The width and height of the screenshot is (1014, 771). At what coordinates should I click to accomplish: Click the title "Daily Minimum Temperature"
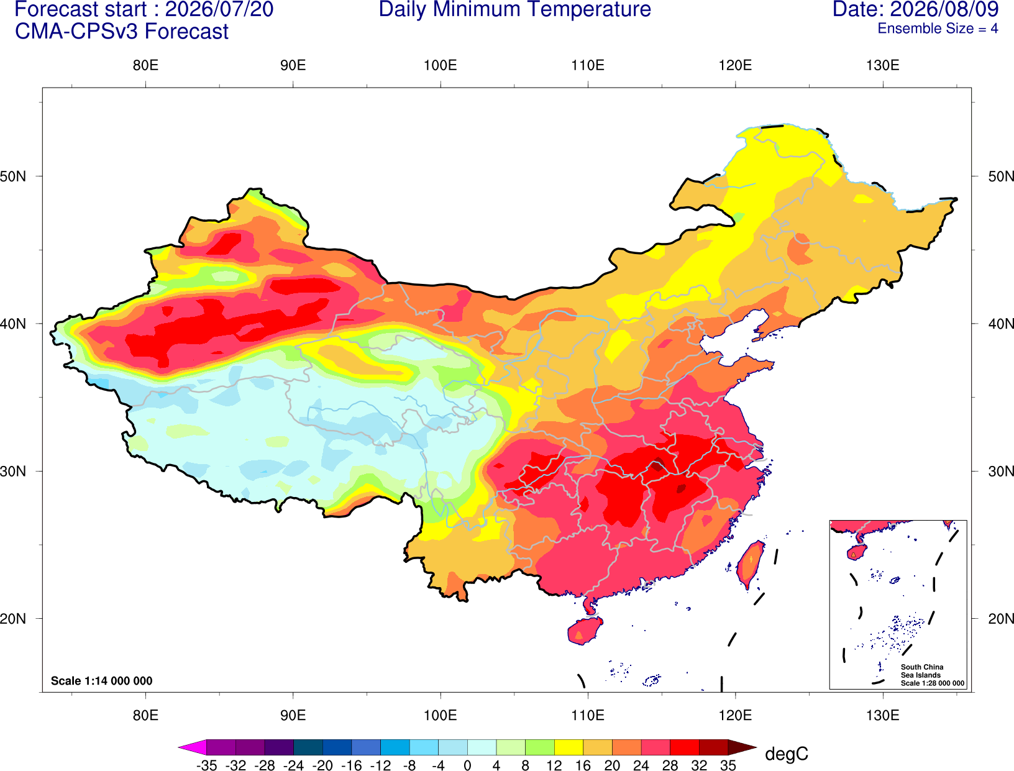point(514,9)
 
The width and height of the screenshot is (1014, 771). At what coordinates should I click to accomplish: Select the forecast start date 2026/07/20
point(219,9)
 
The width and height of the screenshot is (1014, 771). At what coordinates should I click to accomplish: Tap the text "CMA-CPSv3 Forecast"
point(122,32)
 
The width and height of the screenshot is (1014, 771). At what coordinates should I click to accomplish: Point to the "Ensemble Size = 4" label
point(938,29)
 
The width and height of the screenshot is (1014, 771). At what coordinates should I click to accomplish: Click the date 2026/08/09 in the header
point(944,9)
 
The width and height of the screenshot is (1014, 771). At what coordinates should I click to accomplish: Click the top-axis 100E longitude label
point(441,65)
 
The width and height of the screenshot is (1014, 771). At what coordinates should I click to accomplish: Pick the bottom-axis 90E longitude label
point(293,716)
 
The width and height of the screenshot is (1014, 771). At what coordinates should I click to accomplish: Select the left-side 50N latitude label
point(13,176)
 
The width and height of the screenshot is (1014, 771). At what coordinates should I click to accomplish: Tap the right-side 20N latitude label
point(1001,619)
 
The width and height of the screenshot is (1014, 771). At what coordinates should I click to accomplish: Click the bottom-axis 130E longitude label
point(883,716)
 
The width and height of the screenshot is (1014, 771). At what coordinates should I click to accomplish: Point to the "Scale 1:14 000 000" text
point(102,680)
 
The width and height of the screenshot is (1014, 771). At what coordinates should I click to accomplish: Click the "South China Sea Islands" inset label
point(922,671)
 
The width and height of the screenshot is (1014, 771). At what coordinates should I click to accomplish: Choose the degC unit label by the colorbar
point(787,754)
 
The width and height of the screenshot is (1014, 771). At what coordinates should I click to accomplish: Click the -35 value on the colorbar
point(206,765)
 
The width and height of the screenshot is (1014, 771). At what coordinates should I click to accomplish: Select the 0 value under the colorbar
point(467,765)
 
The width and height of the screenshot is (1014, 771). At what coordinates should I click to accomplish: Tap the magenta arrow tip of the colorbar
point(179,747)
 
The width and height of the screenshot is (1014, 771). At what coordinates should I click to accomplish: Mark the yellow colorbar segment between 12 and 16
point(569,747)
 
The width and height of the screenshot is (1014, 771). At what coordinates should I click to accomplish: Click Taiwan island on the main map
point(749,565)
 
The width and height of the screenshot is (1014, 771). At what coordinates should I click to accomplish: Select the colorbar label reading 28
point(670,765)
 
